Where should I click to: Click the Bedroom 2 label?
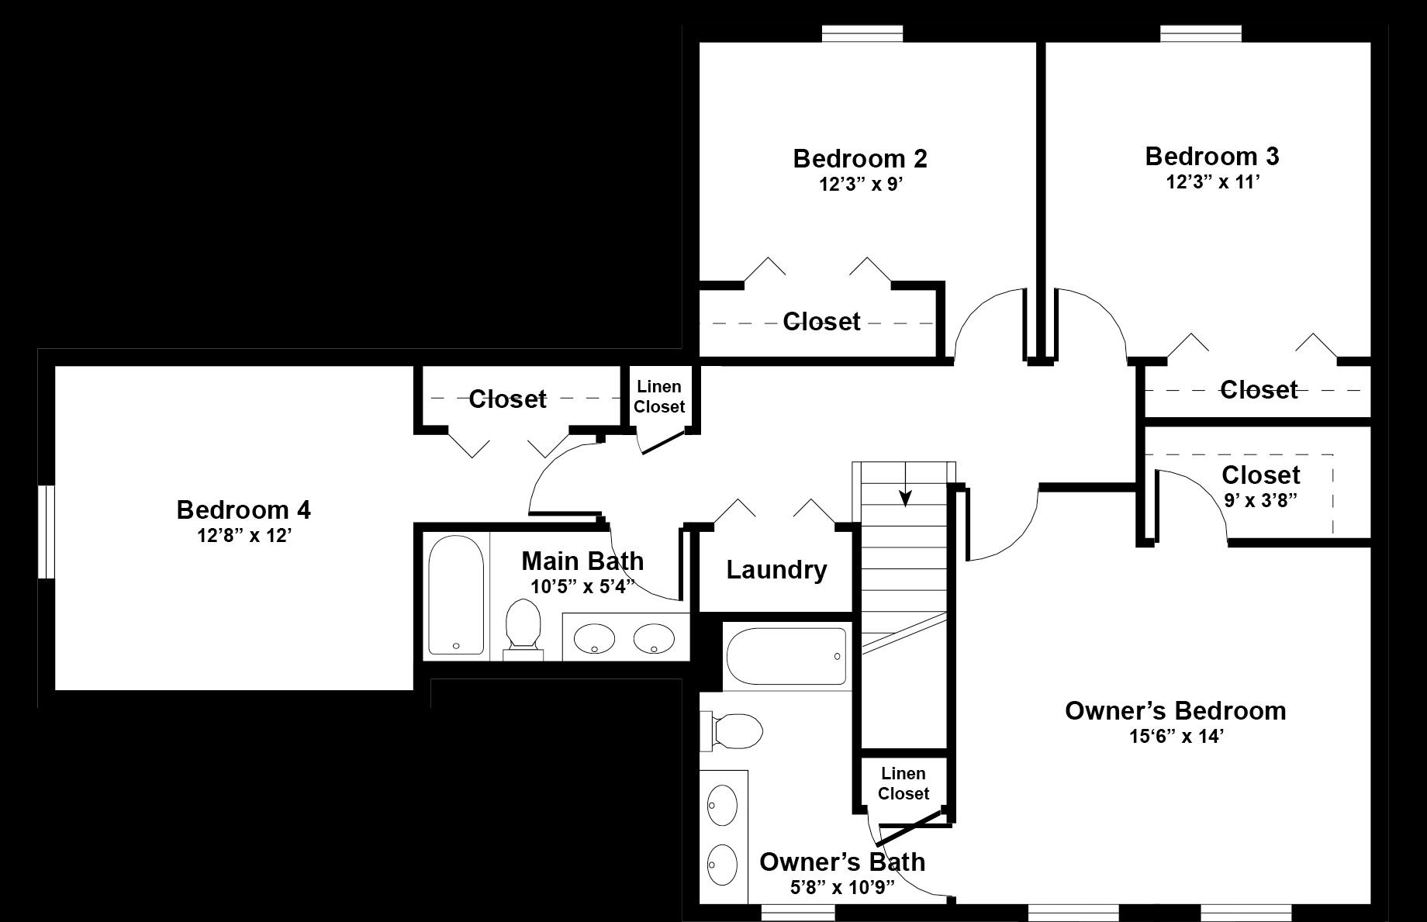860,158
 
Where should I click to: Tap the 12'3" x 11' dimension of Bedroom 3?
1211,182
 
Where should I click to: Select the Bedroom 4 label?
244,509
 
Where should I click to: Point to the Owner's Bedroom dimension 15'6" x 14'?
1176,736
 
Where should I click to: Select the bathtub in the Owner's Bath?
786,655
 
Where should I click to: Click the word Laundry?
776,570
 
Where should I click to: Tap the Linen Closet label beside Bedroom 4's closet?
659,396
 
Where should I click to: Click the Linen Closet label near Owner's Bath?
904,783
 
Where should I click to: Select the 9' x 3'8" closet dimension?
1261,500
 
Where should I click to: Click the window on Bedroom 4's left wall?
47,532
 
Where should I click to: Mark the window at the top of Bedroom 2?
862,33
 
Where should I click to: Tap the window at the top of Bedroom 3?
1201,33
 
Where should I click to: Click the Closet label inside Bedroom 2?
821,321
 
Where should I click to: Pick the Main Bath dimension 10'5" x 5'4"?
582,585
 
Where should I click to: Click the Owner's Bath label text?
842,862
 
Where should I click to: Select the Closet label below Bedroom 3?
1259,389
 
